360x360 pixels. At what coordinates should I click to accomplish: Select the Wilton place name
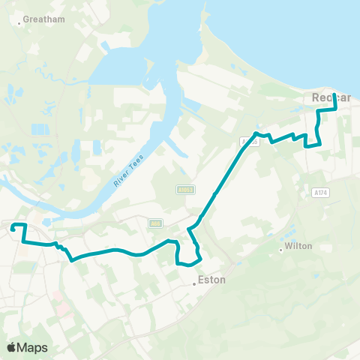pos(295,246)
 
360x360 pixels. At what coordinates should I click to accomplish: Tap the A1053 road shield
pos(186,190)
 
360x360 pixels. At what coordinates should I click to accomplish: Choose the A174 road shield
pos(320,193)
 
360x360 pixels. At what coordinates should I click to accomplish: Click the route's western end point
pos(12,225)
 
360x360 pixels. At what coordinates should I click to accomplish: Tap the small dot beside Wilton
pos(280,249)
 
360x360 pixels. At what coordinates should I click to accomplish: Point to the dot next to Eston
pos(193,284)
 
